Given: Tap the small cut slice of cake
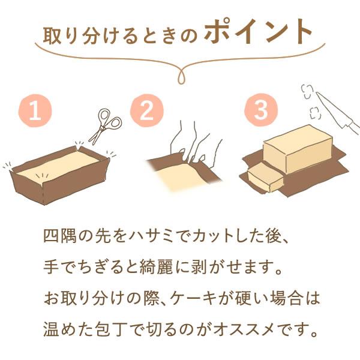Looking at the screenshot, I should tap(264, 178).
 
